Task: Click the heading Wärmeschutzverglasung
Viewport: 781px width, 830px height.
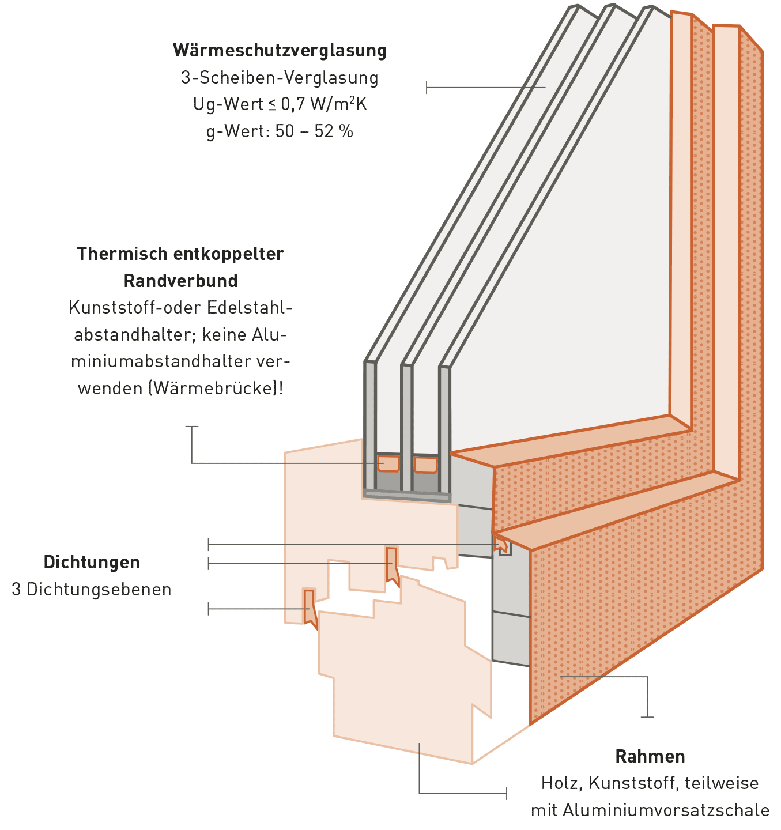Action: (280, 51)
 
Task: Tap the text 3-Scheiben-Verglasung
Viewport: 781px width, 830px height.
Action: (280, 78)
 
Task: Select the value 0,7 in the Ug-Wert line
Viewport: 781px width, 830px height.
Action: (293, 104)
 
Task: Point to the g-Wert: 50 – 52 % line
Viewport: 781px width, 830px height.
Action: (280, 131)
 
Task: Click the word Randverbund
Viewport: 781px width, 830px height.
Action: (180, 281)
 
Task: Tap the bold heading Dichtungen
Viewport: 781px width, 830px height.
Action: (92, 563)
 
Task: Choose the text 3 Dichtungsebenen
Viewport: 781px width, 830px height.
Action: (92, 590)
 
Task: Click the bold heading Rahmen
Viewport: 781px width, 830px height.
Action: (650, 756)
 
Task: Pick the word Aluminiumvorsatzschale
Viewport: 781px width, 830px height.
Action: (666, 810)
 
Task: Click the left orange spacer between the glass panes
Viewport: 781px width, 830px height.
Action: (388, 463)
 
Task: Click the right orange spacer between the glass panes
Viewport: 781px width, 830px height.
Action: (425, 465)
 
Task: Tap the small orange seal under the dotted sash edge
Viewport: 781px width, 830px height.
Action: (503, 545)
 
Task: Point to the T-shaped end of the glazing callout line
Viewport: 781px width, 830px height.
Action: (427, 88)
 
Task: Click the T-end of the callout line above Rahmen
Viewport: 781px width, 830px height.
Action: (647, 717)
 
